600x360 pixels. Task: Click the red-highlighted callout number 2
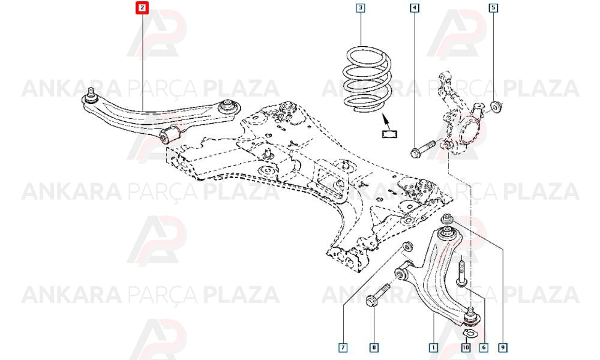point(142,8)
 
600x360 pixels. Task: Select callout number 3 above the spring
point(361,8)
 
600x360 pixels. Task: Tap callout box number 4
point(414,8)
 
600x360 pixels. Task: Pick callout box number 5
point(494,8)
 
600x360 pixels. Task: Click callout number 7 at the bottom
point(343,347)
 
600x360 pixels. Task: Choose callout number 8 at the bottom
point(374,347)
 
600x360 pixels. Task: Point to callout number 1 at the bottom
point(434,347)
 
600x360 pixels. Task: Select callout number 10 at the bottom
point(466,347)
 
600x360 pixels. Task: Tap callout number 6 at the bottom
point(484,347)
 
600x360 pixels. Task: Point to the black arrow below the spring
point(386,122)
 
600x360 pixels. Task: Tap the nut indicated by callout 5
point(497,107)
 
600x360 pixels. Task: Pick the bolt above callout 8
point(377,295)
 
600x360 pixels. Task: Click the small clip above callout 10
point(468,333)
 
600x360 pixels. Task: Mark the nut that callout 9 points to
point(446,219)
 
